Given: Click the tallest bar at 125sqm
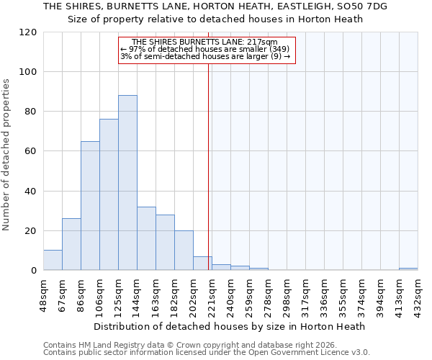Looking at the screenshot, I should point(127,183).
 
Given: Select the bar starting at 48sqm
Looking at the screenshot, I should point(53,260).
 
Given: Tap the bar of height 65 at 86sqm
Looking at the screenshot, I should point(90,206).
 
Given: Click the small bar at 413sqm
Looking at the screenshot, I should point(408,269).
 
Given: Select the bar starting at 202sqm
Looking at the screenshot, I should point(202,264).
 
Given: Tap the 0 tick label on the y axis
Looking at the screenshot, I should point(33,271).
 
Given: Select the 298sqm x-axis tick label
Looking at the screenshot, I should point(287,293).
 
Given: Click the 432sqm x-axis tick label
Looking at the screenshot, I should point(418,293).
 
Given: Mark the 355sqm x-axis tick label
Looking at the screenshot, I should point(343,293).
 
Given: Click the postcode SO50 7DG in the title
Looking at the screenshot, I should point(366,6).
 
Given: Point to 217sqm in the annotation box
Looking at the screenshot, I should point(263,42).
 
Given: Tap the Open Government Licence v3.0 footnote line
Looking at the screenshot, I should point(207,353).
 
